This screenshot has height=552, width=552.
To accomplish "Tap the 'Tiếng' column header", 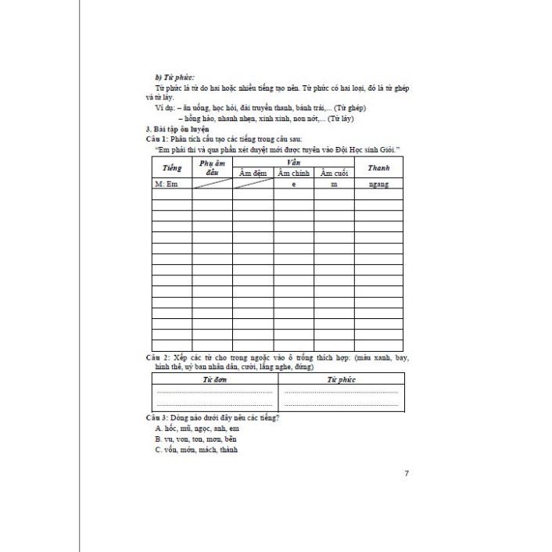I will (172, 167).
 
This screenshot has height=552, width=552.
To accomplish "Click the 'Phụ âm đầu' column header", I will (212, 167).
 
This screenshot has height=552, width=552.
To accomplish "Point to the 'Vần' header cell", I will (293, 160).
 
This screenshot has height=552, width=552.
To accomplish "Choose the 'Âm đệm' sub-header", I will (253, 173).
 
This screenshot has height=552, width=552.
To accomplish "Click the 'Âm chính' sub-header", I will (293, 173).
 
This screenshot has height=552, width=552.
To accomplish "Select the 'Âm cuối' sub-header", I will (334, 173).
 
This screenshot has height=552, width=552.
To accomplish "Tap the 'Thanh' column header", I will (378, 167).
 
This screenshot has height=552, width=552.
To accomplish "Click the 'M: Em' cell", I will (167, 185).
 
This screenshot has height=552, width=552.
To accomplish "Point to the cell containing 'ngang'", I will (378, 185).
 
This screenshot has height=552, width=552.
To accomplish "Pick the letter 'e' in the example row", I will (293, 185).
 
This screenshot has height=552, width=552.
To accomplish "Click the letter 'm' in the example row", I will (334, 185).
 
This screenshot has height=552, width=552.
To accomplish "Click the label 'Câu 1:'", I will (160, 138).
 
